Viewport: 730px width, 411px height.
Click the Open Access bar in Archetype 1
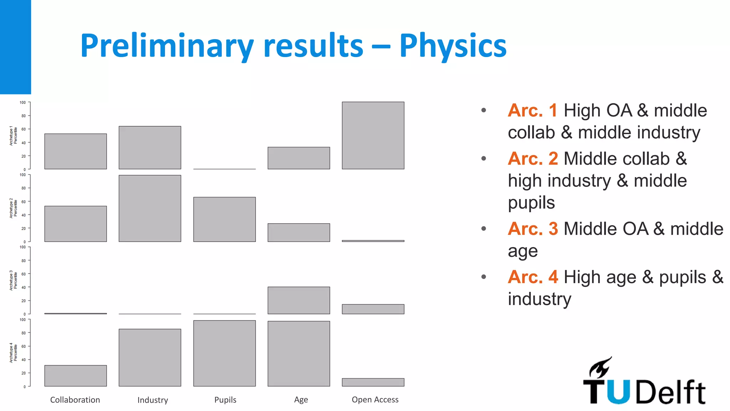pyautogui.click(x=373, y=136)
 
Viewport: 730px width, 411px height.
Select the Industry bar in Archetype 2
pyautogui.click(x=150, y=208)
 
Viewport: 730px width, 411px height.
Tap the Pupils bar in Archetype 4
pyautogui.click(x=224, y=353)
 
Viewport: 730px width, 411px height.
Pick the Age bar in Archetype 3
pyautogui.click(x=299, y=300)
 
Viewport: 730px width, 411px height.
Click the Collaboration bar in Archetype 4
pyautogui.click(x=76, y=376)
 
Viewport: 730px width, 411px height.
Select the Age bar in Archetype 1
pyautogui.click(x=299, y=158)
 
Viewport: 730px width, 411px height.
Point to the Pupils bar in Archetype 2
pyautogui.click(x=224, y=219)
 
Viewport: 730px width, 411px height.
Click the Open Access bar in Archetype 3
pyautogui.click(x=373, y=309)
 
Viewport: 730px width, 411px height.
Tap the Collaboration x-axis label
pyautogui.click(x=75, y=400)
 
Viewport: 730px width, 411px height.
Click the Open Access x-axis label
pyautogui.click(x=375, y=400)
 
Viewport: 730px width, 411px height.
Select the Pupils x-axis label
pyautogui.click(x=225, y=400)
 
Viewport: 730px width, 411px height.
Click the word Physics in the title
pyautogui.click(x=453, y=46)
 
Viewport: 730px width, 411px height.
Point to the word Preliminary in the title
pyautogui.click(x=167, y=46)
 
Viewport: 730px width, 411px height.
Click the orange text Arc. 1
pyautogui.click(x=533, y=110)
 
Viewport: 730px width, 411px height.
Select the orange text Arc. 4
pyautogui.click(x=533, y=277)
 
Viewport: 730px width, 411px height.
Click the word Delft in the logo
pyautogui.click(x=670, y=392)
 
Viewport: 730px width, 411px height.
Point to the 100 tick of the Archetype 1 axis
pyautogui.click(x=23, y=102)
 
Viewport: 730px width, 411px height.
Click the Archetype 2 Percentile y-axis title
pyautogui.click(x=13, y=208)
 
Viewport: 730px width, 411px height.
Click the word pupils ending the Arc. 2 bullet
pyautogui.click(x=531, y=203)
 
